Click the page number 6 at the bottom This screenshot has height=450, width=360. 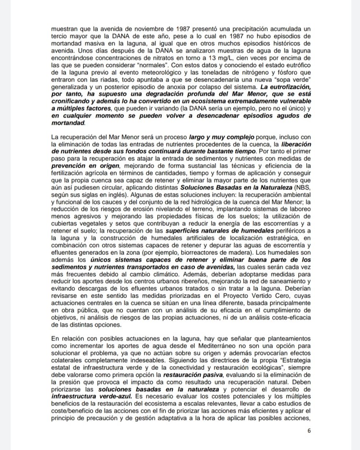(x=309, y=431)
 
